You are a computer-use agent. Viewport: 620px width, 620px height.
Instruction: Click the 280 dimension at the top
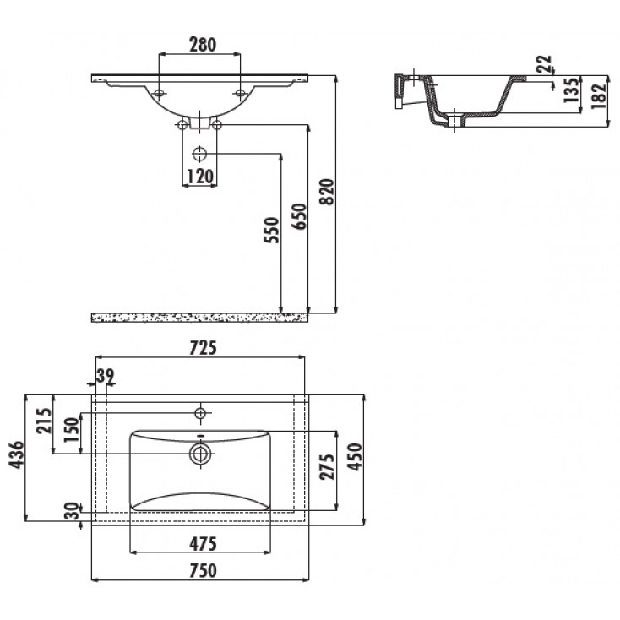coord(200,45)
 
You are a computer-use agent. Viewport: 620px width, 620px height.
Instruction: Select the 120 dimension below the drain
coord(199,176)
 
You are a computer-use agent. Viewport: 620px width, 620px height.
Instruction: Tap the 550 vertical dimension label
coord(271,230)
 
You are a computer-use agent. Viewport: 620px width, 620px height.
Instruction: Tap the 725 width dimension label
coord(204,346)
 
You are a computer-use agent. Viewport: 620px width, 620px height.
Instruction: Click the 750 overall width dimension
coord(200,570)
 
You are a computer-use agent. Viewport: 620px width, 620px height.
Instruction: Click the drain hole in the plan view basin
coord(201,454)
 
